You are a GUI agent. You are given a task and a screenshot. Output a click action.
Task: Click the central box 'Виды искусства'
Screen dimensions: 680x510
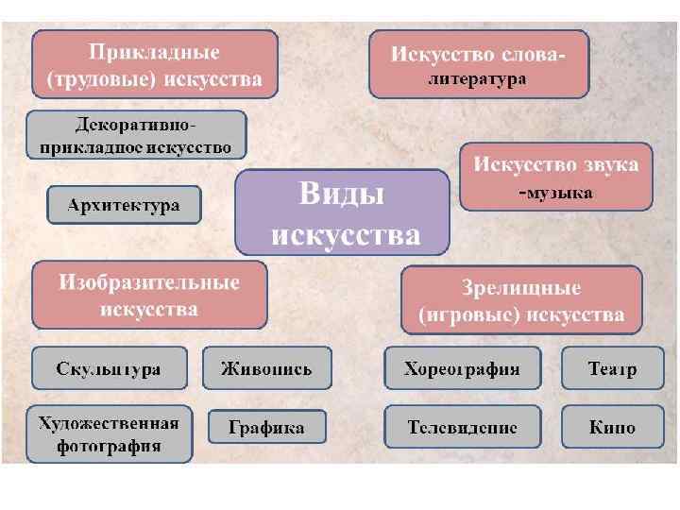click(x=342, y=212)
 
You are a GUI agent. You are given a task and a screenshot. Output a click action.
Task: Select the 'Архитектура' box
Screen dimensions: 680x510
click(x=124, y=205)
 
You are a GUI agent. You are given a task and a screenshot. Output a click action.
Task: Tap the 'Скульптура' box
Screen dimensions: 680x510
click(x=109, y=368)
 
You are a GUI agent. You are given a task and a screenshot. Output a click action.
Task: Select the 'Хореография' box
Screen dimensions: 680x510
click(x=462, y=368)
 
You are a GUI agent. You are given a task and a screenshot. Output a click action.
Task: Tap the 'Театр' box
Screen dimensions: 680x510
click(x=612, y=368)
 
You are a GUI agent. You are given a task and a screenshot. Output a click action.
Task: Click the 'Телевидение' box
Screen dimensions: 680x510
click(x=462, y=427)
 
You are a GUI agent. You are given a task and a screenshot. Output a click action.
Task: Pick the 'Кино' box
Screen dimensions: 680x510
click(x=612, y=427)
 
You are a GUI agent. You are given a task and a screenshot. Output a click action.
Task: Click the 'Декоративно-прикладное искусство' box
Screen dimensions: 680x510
click(x=136, y=135)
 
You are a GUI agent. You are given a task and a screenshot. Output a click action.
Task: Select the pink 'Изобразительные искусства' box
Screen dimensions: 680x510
click(x=149, y=296)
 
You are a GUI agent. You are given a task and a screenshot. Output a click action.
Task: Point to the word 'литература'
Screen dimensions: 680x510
click(x=478, y=80)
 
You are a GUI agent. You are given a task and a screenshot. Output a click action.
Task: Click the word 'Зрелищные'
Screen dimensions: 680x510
click(x=521, y=288)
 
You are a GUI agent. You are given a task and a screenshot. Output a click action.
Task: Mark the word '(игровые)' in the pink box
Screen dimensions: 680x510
click(x=467, y=314)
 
